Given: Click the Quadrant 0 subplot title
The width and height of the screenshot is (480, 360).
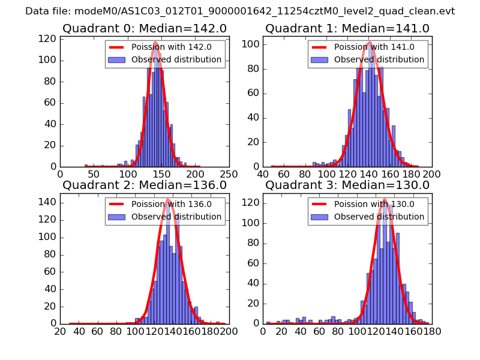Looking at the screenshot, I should [x=144, y=29].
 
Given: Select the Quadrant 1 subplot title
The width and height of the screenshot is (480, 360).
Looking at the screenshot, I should [x=347, y=29].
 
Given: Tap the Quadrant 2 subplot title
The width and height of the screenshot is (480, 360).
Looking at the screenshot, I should [x=144, y=185].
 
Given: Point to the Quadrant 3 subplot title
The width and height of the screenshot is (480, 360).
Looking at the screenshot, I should [x=347, y=185].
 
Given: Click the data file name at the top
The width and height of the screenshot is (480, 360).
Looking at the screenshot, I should [x=240, y=11].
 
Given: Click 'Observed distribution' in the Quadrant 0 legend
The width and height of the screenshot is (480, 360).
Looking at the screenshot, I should [x=176, y=60].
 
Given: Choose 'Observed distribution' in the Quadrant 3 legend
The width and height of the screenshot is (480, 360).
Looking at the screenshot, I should [x=379, y=217].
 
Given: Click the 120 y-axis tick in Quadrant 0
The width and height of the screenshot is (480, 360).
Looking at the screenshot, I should [x=49, y=39].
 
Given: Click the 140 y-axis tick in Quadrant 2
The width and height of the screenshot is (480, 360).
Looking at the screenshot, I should [x=49, y=202].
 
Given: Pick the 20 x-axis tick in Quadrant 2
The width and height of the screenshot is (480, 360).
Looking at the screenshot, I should [x=61, y=331].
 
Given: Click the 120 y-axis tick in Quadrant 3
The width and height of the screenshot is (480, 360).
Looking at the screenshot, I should [x=252, y=203].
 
